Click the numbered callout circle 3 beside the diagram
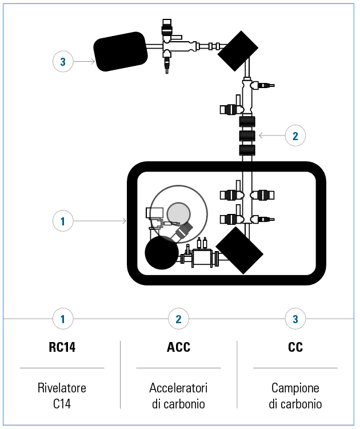click(63, 61)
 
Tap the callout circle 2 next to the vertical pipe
click(295, 136)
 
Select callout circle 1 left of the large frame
click(63, 220)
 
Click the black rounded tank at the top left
click(121, 51)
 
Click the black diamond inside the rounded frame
click(239, 251)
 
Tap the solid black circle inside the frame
click(162, 252)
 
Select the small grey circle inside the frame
click(179, 213)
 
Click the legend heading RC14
click(62, 347)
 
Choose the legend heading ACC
click(178, 347)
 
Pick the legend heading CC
click(295, 347)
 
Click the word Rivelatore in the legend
click(62, 388)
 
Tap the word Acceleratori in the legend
click(178, 388)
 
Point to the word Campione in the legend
click(295, 388)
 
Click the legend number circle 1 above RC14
click(63, 319)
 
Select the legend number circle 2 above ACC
click(178, 319)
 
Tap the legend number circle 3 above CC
click(295, 319)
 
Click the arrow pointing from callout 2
click(271, 136)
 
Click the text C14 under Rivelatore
click(62, 404)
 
